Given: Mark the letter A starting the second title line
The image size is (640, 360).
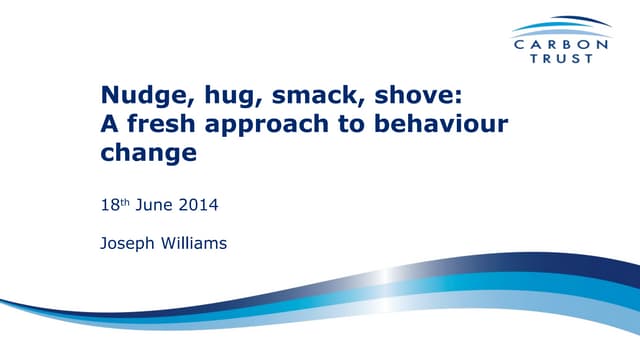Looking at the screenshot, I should [111, 125].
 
